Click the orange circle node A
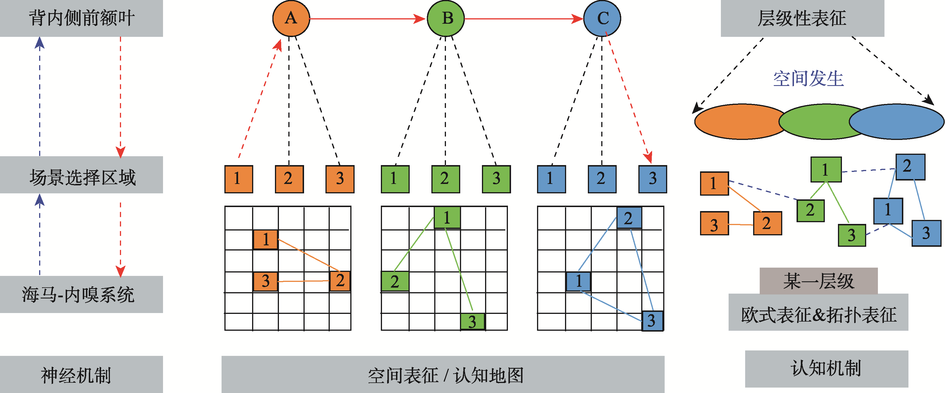pos(291,18)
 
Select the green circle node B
pos(446,18)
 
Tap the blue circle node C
pos(602,18)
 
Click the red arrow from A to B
pos(367,18)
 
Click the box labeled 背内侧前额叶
pos(81,18)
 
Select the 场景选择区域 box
pos(81,175)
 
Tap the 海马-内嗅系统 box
pos(81,294)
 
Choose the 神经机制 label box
pos(81,374)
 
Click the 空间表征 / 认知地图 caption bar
pos(443,374)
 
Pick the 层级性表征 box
pos(802,18)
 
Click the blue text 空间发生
pos(809,79)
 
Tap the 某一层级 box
pos(819,281)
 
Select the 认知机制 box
pos(827,368)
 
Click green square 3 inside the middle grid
pos(472,321)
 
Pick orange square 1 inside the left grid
pos(265,240)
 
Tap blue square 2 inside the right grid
pos(629,218)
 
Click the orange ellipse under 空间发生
pos(737,121)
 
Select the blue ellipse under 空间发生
pos(899,121)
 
